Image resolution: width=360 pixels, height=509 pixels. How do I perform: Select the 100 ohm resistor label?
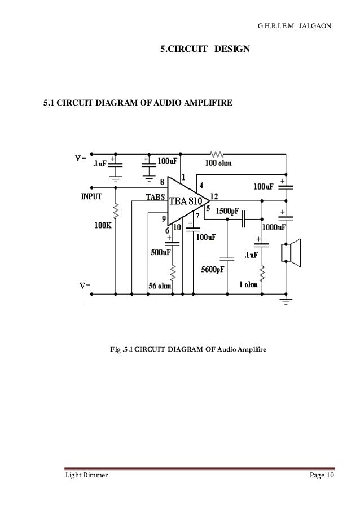click(217, 164)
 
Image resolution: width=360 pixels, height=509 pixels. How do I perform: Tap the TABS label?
click(155, 197)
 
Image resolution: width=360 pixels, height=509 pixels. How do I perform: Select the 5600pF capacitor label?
click(216, 269)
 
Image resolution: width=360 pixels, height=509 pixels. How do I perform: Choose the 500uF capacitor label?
click(161, 253)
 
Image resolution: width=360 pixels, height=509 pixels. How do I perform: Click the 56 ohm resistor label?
click(160, 286)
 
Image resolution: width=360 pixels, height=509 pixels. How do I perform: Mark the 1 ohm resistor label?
click(248, 285)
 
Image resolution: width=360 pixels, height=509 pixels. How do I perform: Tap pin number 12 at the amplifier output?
click(213, 196)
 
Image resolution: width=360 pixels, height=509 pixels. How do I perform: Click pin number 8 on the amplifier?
click(163, 182)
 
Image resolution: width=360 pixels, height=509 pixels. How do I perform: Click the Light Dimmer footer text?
click(84, 476)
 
